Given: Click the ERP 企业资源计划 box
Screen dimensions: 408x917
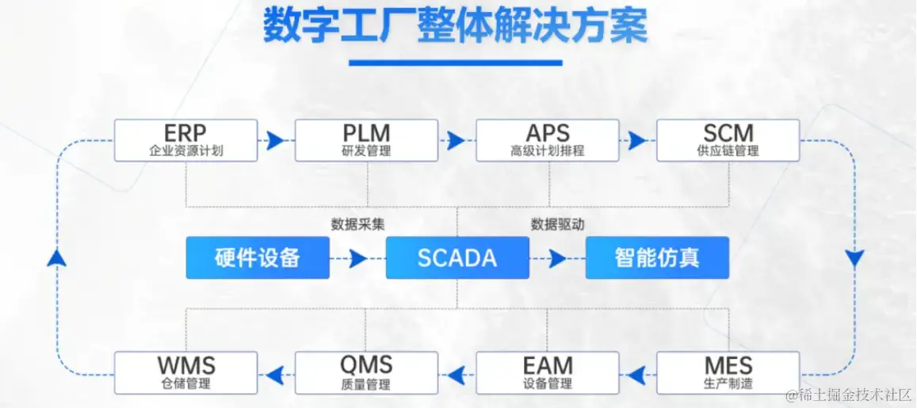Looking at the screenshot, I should pos(185,140).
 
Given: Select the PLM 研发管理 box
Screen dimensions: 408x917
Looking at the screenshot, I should pos(366,140).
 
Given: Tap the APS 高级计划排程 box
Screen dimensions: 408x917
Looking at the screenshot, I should pos(547,140).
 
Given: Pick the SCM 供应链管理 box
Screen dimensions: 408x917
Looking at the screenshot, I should pos(728,140).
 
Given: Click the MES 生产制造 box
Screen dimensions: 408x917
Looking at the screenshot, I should pos(728,373).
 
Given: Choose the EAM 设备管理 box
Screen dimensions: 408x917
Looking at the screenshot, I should pos(547,373).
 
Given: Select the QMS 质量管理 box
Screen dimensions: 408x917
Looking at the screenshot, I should pos(366,373).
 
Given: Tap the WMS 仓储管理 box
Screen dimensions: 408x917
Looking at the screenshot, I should pos(185,373).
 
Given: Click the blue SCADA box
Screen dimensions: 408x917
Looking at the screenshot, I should pos(457,257).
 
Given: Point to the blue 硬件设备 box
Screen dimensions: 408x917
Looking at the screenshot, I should pos(258,257).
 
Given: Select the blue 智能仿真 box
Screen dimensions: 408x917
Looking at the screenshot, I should pos(657,257).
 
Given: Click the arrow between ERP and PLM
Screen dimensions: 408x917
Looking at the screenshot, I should pos(275,141).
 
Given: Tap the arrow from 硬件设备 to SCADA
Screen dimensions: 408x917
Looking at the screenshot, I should pos(357,258).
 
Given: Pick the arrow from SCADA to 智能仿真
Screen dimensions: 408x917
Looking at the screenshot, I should pos(557,258).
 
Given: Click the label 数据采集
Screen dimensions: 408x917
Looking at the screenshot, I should pos(358,224).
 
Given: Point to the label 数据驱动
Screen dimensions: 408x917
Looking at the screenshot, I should pos(557,224).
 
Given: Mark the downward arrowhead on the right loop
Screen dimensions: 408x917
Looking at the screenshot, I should pos(854,258).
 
